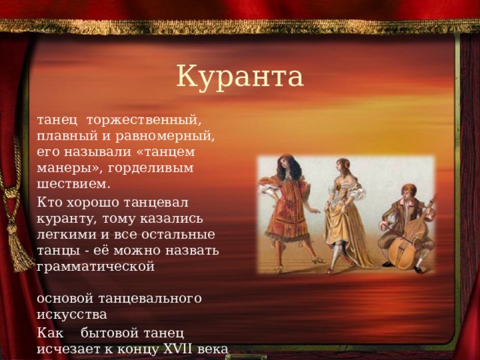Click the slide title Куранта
click(x=240, y=76)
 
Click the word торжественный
click(x=144, y=120)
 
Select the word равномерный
click(x=165, y=136)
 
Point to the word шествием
click(x=73, y=184)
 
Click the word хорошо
click(x=93, y=203)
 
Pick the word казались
click(x=172, y=218)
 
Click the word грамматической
click(x=96, y=267)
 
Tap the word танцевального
click(x=150, y=298)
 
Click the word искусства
click(x=72, y=314)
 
